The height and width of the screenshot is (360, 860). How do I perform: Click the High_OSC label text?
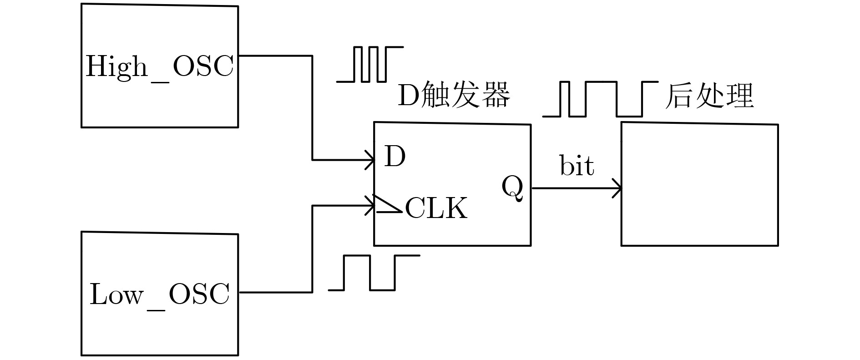pos(159,67)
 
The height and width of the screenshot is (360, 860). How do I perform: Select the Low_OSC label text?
pos(159,295)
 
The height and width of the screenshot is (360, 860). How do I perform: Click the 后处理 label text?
pos(709,96)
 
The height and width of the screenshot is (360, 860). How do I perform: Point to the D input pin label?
pos(395,157)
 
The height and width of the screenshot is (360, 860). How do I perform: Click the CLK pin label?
pos(436,209)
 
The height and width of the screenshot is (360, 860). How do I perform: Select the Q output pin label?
pos(512,188)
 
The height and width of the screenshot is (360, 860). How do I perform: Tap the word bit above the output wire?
pos(577,166)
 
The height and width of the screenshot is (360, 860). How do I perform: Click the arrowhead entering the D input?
pos(370,160)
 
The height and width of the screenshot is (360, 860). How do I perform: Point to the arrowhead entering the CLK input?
pos(370,205)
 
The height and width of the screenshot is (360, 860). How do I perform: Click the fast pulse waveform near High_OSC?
pos(369,64)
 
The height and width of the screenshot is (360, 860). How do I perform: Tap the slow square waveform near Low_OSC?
pos(373,272)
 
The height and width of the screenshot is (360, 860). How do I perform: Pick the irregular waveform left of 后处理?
pos(600,99)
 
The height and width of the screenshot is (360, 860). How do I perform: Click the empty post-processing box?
pos(699,184)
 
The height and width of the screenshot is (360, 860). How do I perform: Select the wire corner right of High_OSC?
pos(312,56)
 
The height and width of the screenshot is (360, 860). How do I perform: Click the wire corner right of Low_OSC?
pos(312,292)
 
